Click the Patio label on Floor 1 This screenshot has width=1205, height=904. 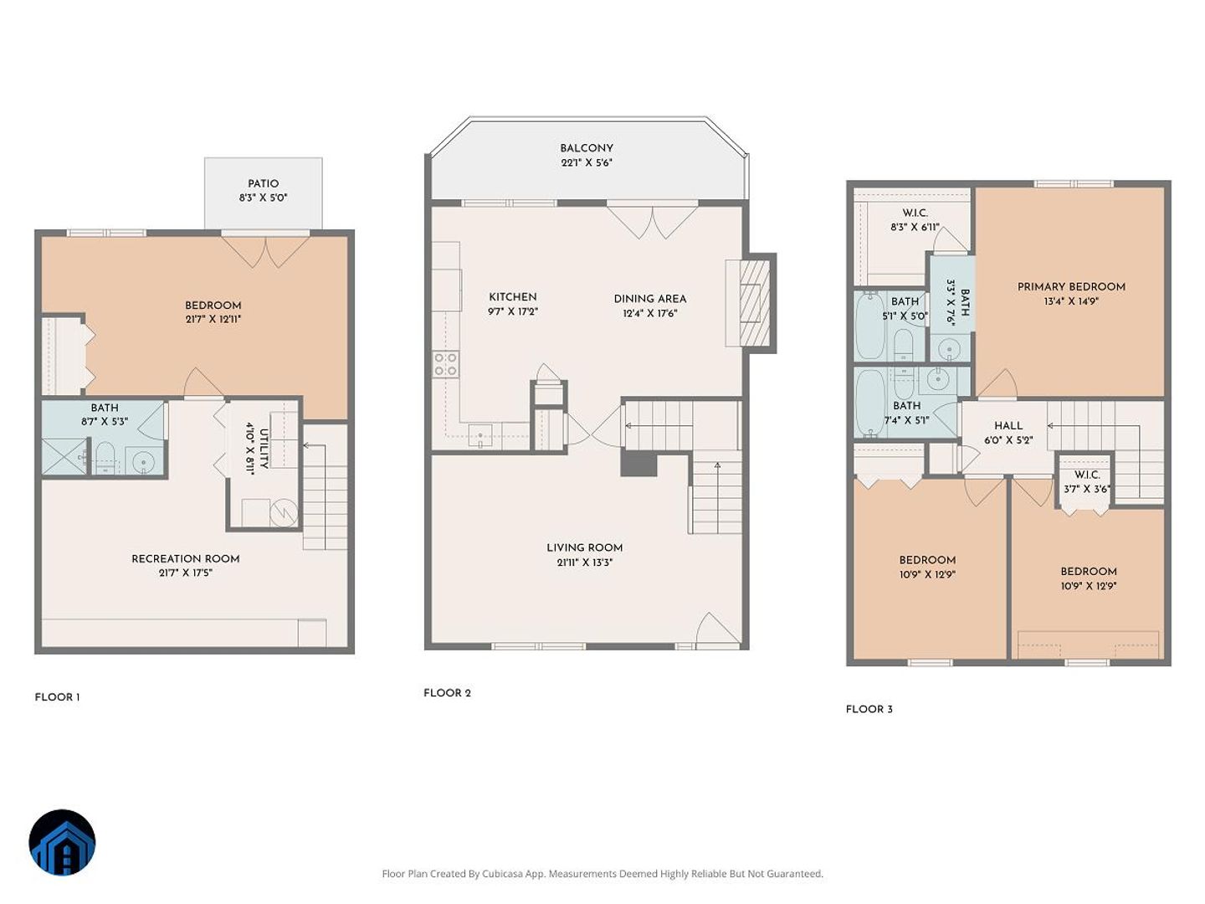click(263, 183)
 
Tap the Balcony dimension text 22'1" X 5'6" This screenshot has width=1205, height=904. click(587, 162)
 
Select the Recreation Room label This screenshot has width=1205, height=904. click(186, 559)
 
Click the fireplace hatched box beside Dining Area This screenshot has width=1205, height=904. click(754, 302)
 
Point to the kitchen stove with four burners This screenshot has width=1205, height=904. click(446, 364)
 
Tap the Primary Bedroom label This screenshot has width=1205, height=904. click(1071, 286)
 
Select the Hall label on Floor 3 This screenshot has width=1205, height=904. click(1008, 425)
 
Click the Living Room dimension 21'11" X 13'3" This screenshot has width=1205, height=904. click(584, 562)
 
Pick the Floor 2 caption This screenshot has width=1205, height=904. click(447, 693)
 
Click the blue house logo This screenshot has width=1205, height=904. click(62, 843)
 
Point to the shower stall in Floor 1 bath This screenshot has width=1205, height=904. click(64, 457)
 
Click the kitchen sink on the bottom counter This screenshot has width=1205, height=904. click(480, 434)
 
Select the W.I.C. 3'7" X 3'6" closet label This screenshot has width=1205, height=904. click(1086, 482)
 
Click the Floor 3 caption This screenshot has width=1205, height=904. click(869, 709)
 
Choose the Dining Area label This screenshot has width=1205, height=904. click(650, 299)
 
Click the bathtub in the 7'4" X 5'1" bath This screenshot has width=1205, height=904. click(869, 403)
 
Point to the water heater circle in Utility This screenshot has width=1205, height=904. click(284, 512)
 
